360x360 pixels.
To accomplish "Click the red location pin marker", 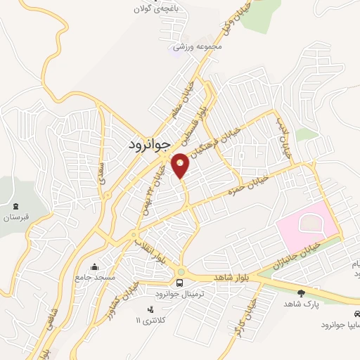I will point(181,165).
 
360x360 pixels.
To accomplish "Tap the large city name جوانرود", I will point(150,145).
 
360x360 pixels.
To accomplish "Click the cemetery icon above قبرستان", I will point(15,205).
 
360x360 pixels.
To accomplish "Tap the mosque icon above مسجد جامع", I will point(94,266).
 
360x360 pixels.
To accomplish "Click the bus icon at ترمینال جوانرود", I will point(181,283).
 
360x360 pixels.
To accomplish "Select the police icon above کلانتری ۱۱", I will point(149,309).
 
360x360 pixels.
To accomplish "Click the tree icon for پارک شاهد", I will point(302,293).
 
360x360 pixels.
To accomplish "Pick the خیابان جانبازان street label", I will point(295,256).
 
